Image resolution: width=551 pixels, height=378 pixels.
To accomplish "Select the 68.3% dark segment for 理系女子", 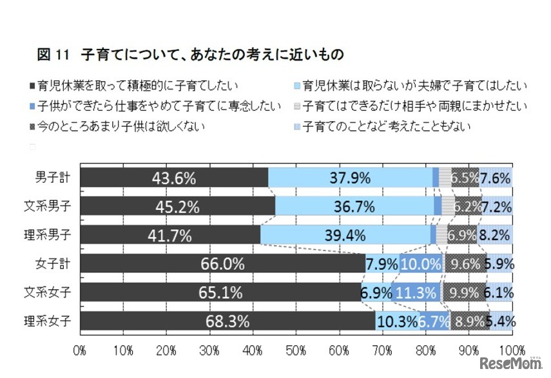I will coord(228,321).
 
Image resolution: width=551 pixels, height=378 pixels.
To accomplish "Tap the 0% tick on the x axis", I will coord(80,350).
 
